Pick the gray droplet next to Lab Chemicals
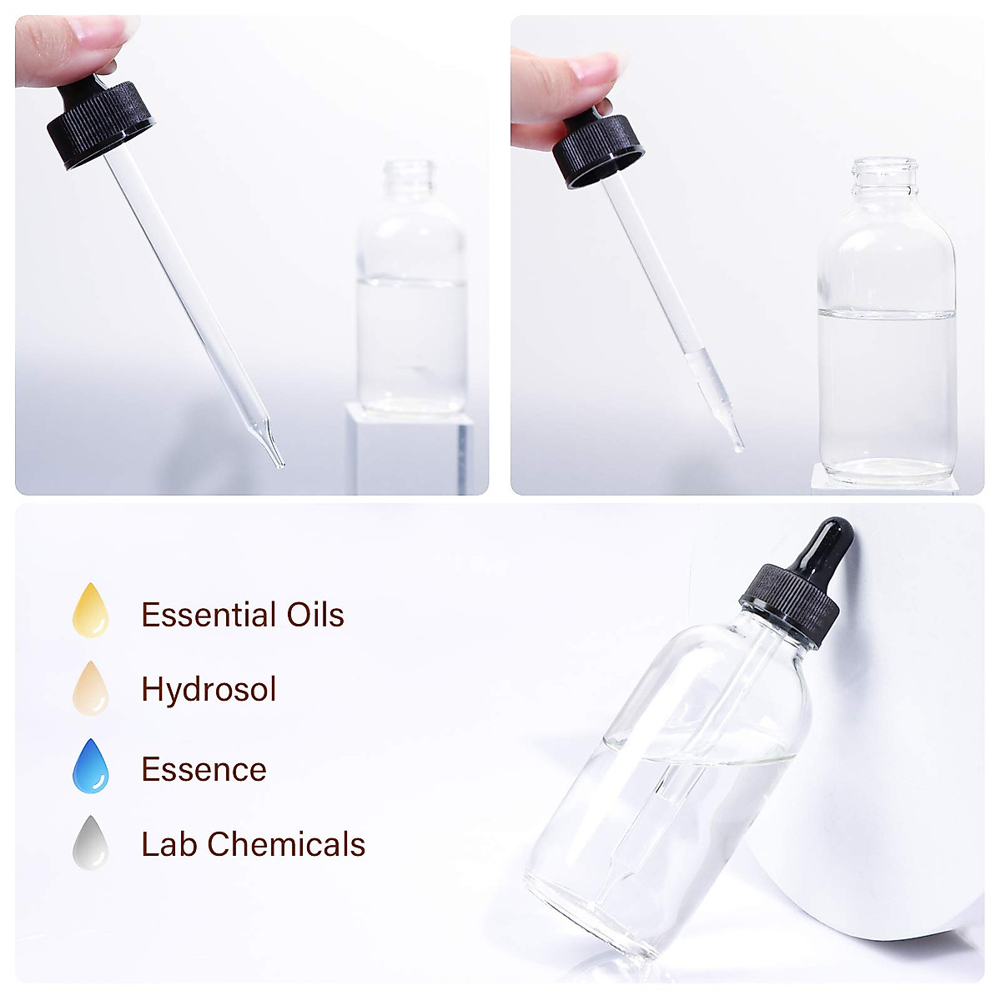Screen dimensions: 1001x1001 point(91,843)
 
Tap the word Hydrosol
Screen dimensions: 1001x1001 point(209,690)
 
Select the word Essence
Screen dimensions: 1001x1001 point(204,769)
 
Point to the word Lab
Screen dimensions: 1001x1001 point(169,844)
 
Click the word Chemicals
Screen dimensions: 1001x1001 point(286,844)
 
